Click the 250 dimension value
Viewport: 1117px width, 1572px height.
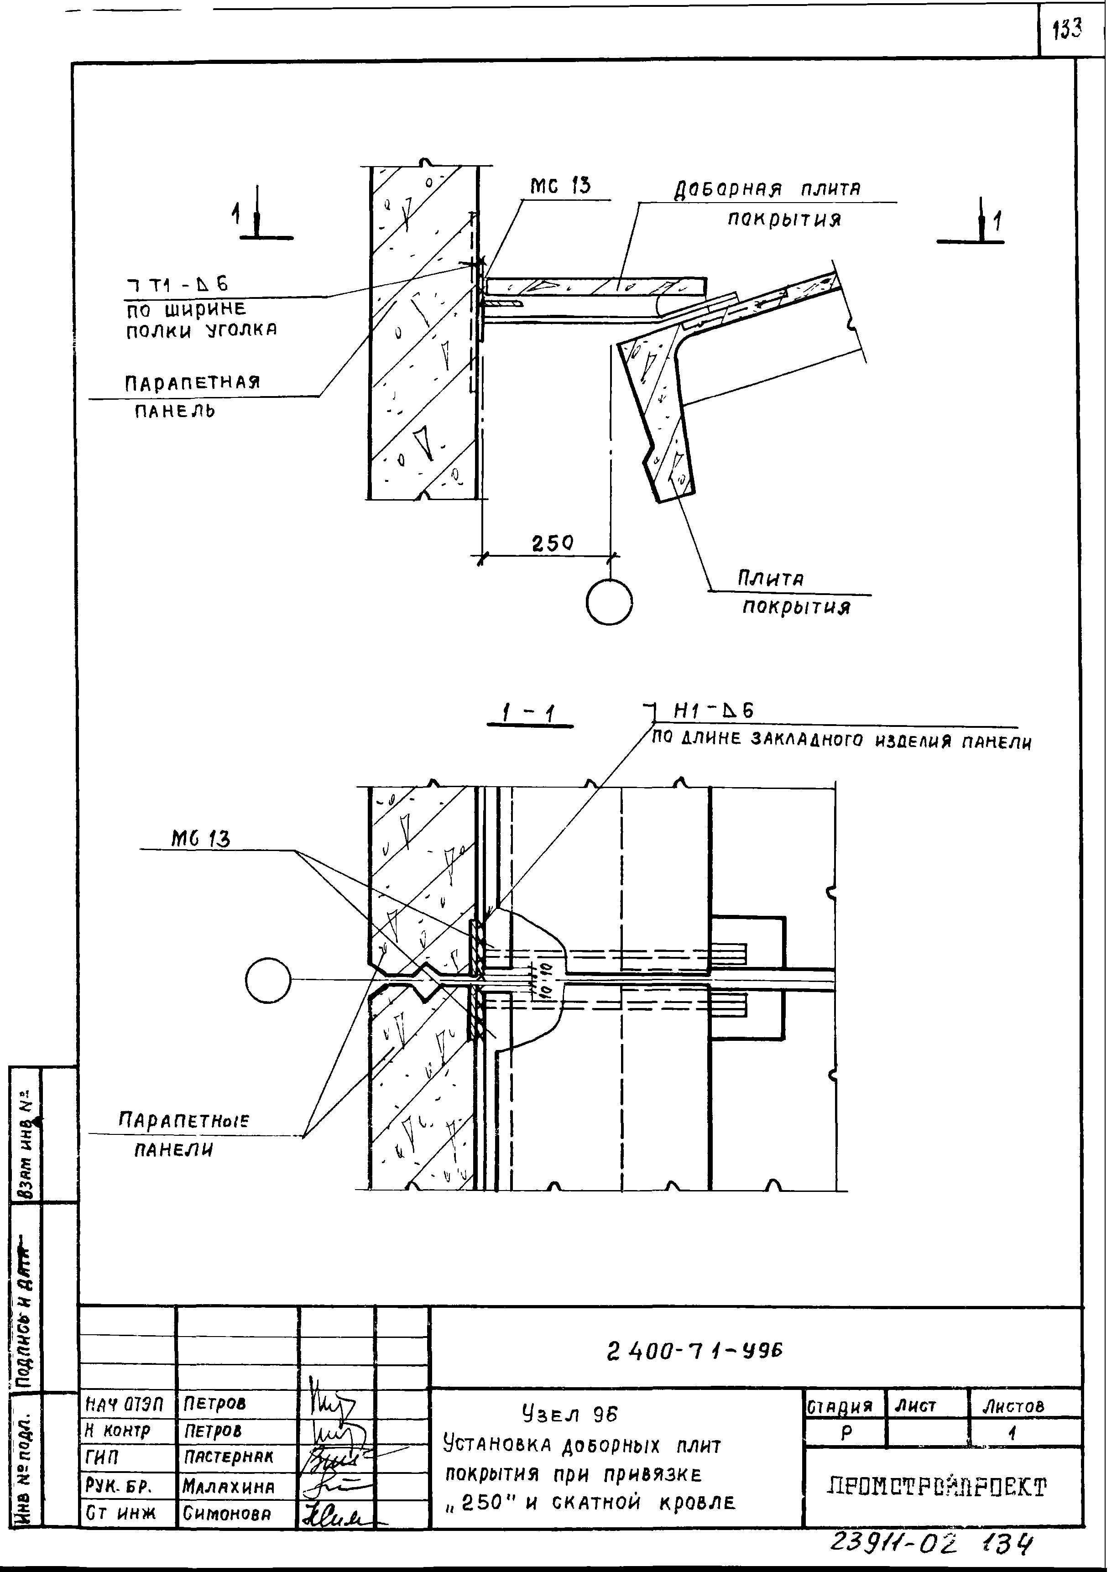click(x=552, y=543)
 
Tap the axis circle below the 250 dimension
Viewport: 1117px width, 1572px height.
click(x=610, y=602)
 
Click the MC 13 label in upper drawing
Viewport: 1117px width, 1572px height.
click(x=561, y=186)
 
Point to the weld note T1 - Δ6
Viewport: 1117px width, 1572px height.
click(x=177, y=283)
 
